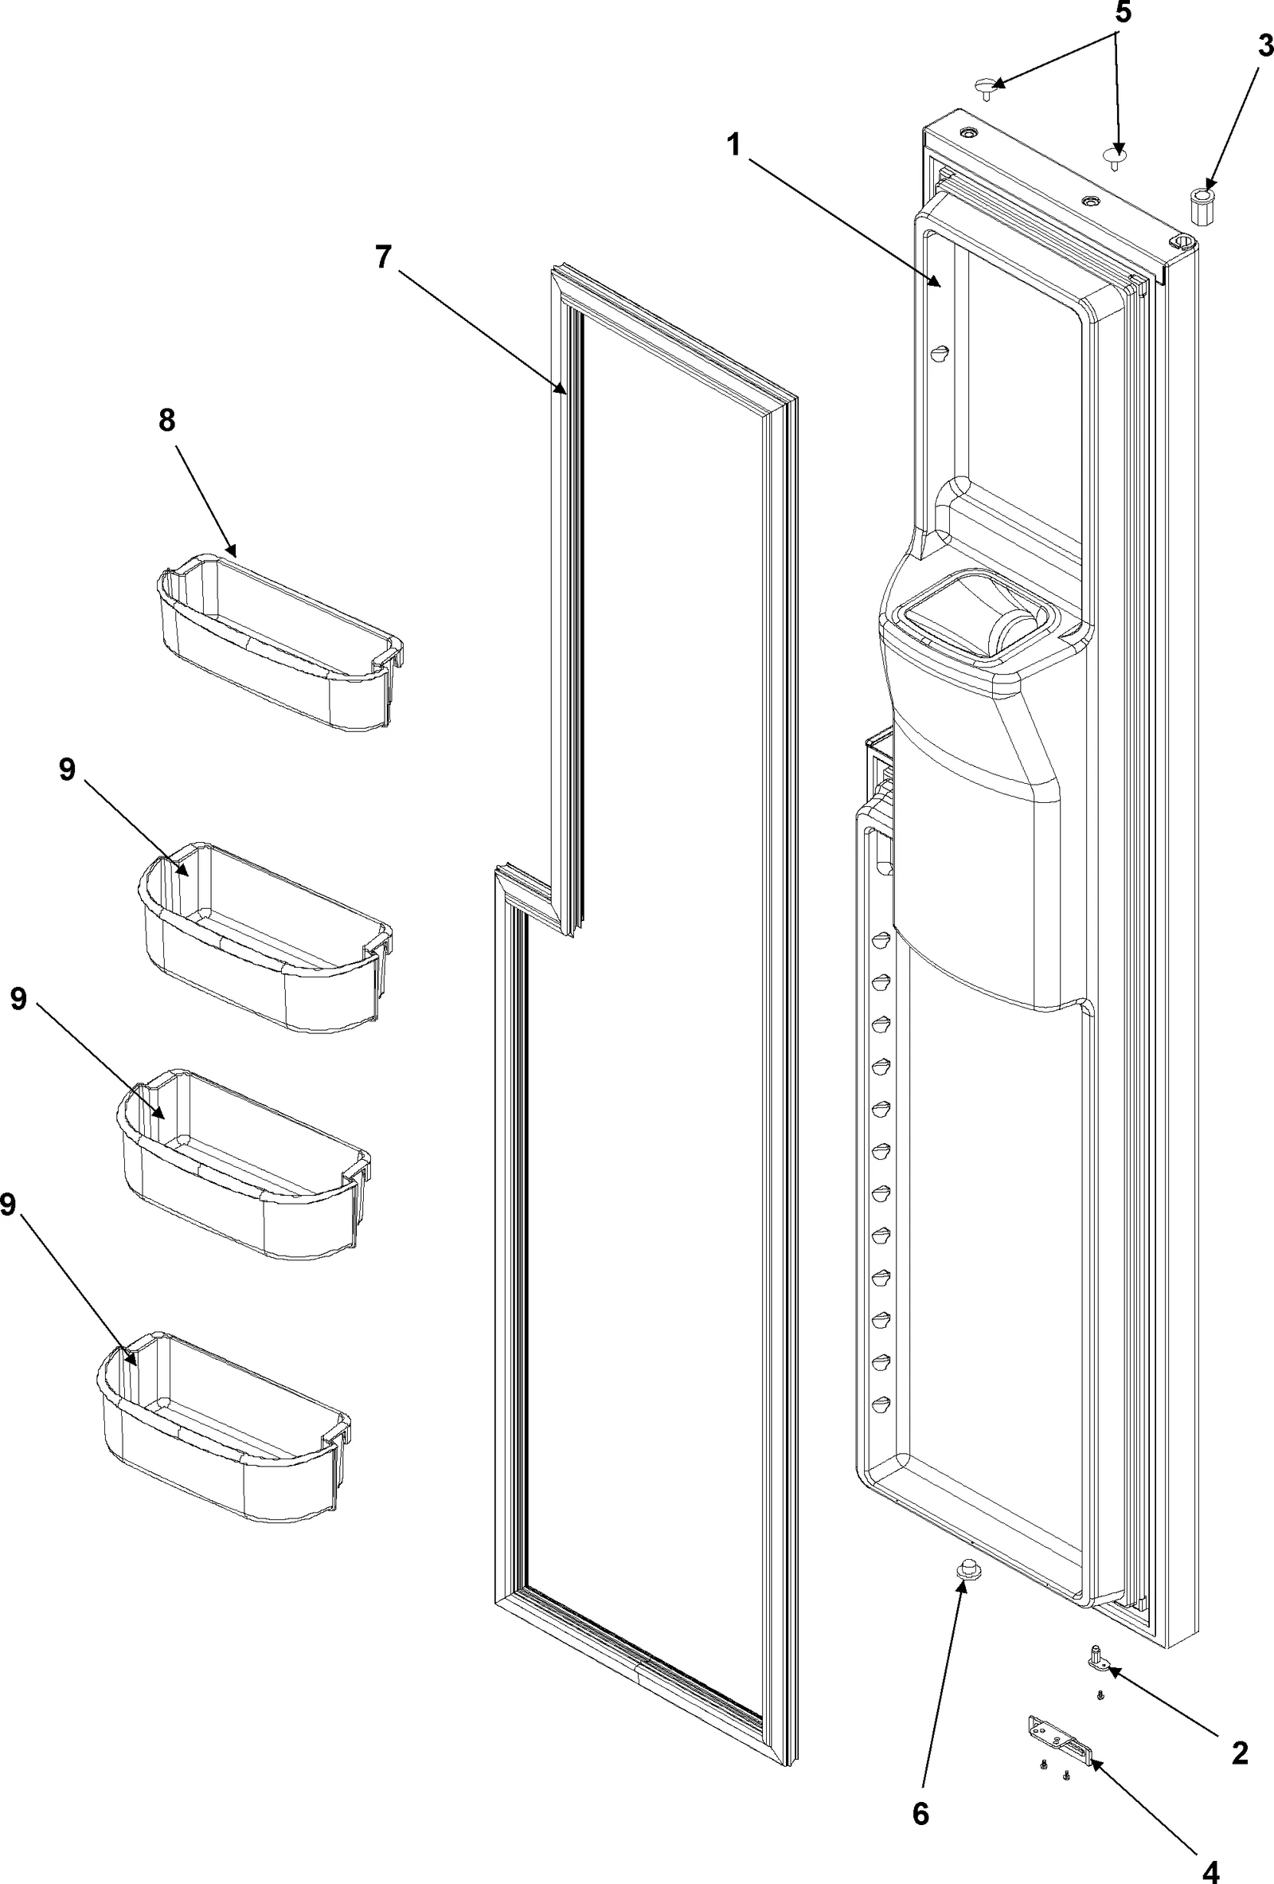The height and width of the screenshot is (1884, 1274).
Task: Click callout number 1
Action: [x=733, y=147]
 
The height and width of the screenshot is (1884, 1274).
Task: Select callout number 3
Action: [x=1264, y=47]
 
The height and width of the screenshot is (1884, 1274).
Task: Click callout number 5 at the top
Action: [x=1123, y=14]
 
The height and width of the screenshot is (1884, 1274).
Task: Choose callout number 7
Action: [x=383, y=257]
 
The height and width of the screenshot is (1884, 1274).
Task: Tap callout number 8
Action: [x=167, y=421]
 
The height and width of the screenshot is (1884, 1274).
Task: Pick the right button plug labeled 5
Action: [x=1116, y=155]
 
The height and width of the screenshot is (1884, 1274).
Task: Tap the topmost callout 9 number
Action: [x=67, y=770]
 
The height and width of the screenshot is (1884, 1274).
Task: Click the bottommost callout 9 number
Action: [x=7, y=1205]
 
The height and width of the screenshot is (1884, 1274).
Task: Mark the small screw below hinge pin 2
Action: [x=1100, y=1695]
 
